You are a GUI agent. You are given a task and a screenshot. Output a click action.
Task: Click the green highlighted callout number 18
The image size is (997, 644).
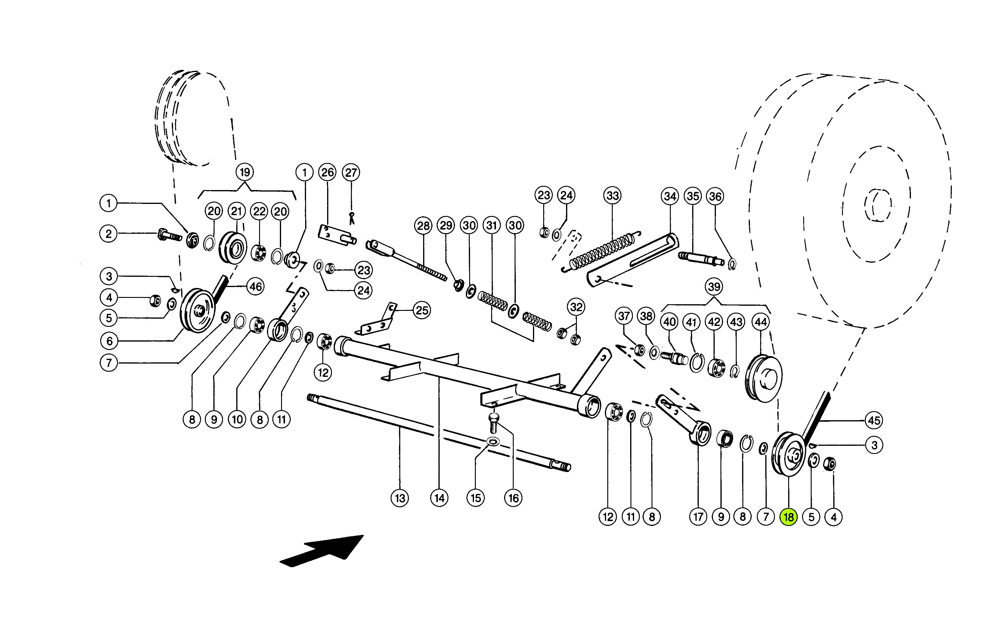788,517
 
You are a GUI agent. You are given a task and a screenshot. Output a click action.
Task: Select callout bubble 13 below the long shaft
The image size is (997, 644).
400,498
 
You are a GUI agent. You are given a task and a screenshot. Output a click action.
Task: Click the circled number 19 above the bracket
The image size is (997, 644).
244,172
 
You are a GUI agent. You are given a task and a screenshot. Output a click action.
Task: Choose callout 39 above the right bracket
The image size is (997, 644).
714,287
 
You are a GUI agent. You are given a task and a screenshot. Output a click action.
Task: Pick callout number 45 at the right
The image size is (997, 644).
874,420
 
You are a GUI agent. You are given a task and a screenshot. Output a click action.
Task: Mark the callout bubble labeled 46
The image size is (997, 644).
255,286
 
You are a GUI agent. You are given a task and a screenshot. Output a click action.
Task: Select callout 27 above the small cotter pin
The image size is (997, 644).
351,172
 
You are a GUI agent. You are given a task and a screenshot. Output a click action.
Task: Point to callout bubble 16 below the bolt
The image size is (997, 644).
513,498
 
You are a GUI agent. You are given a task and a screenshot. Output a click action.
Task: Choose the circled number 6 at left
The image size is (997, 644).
109,341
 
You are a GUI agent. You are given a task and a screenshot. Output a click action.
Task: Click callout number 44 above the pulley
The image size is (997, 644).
760,322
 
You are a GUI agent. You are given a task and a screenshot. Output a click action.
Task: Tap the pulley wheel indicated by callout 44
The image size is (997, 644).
763,378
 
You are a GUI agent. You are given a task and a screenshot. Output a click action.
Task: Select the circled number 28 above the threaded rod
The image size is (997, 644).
423,226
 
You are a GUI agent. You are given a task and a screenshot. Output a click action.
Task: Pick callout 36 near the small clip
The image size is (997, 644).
715,196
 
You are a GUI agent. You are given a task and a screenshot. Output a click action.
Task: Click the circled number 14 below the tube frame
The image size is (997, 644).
439,498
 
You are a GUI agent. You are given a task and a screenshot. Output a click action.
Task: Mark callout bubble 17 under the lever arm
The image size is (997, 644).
698,517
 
